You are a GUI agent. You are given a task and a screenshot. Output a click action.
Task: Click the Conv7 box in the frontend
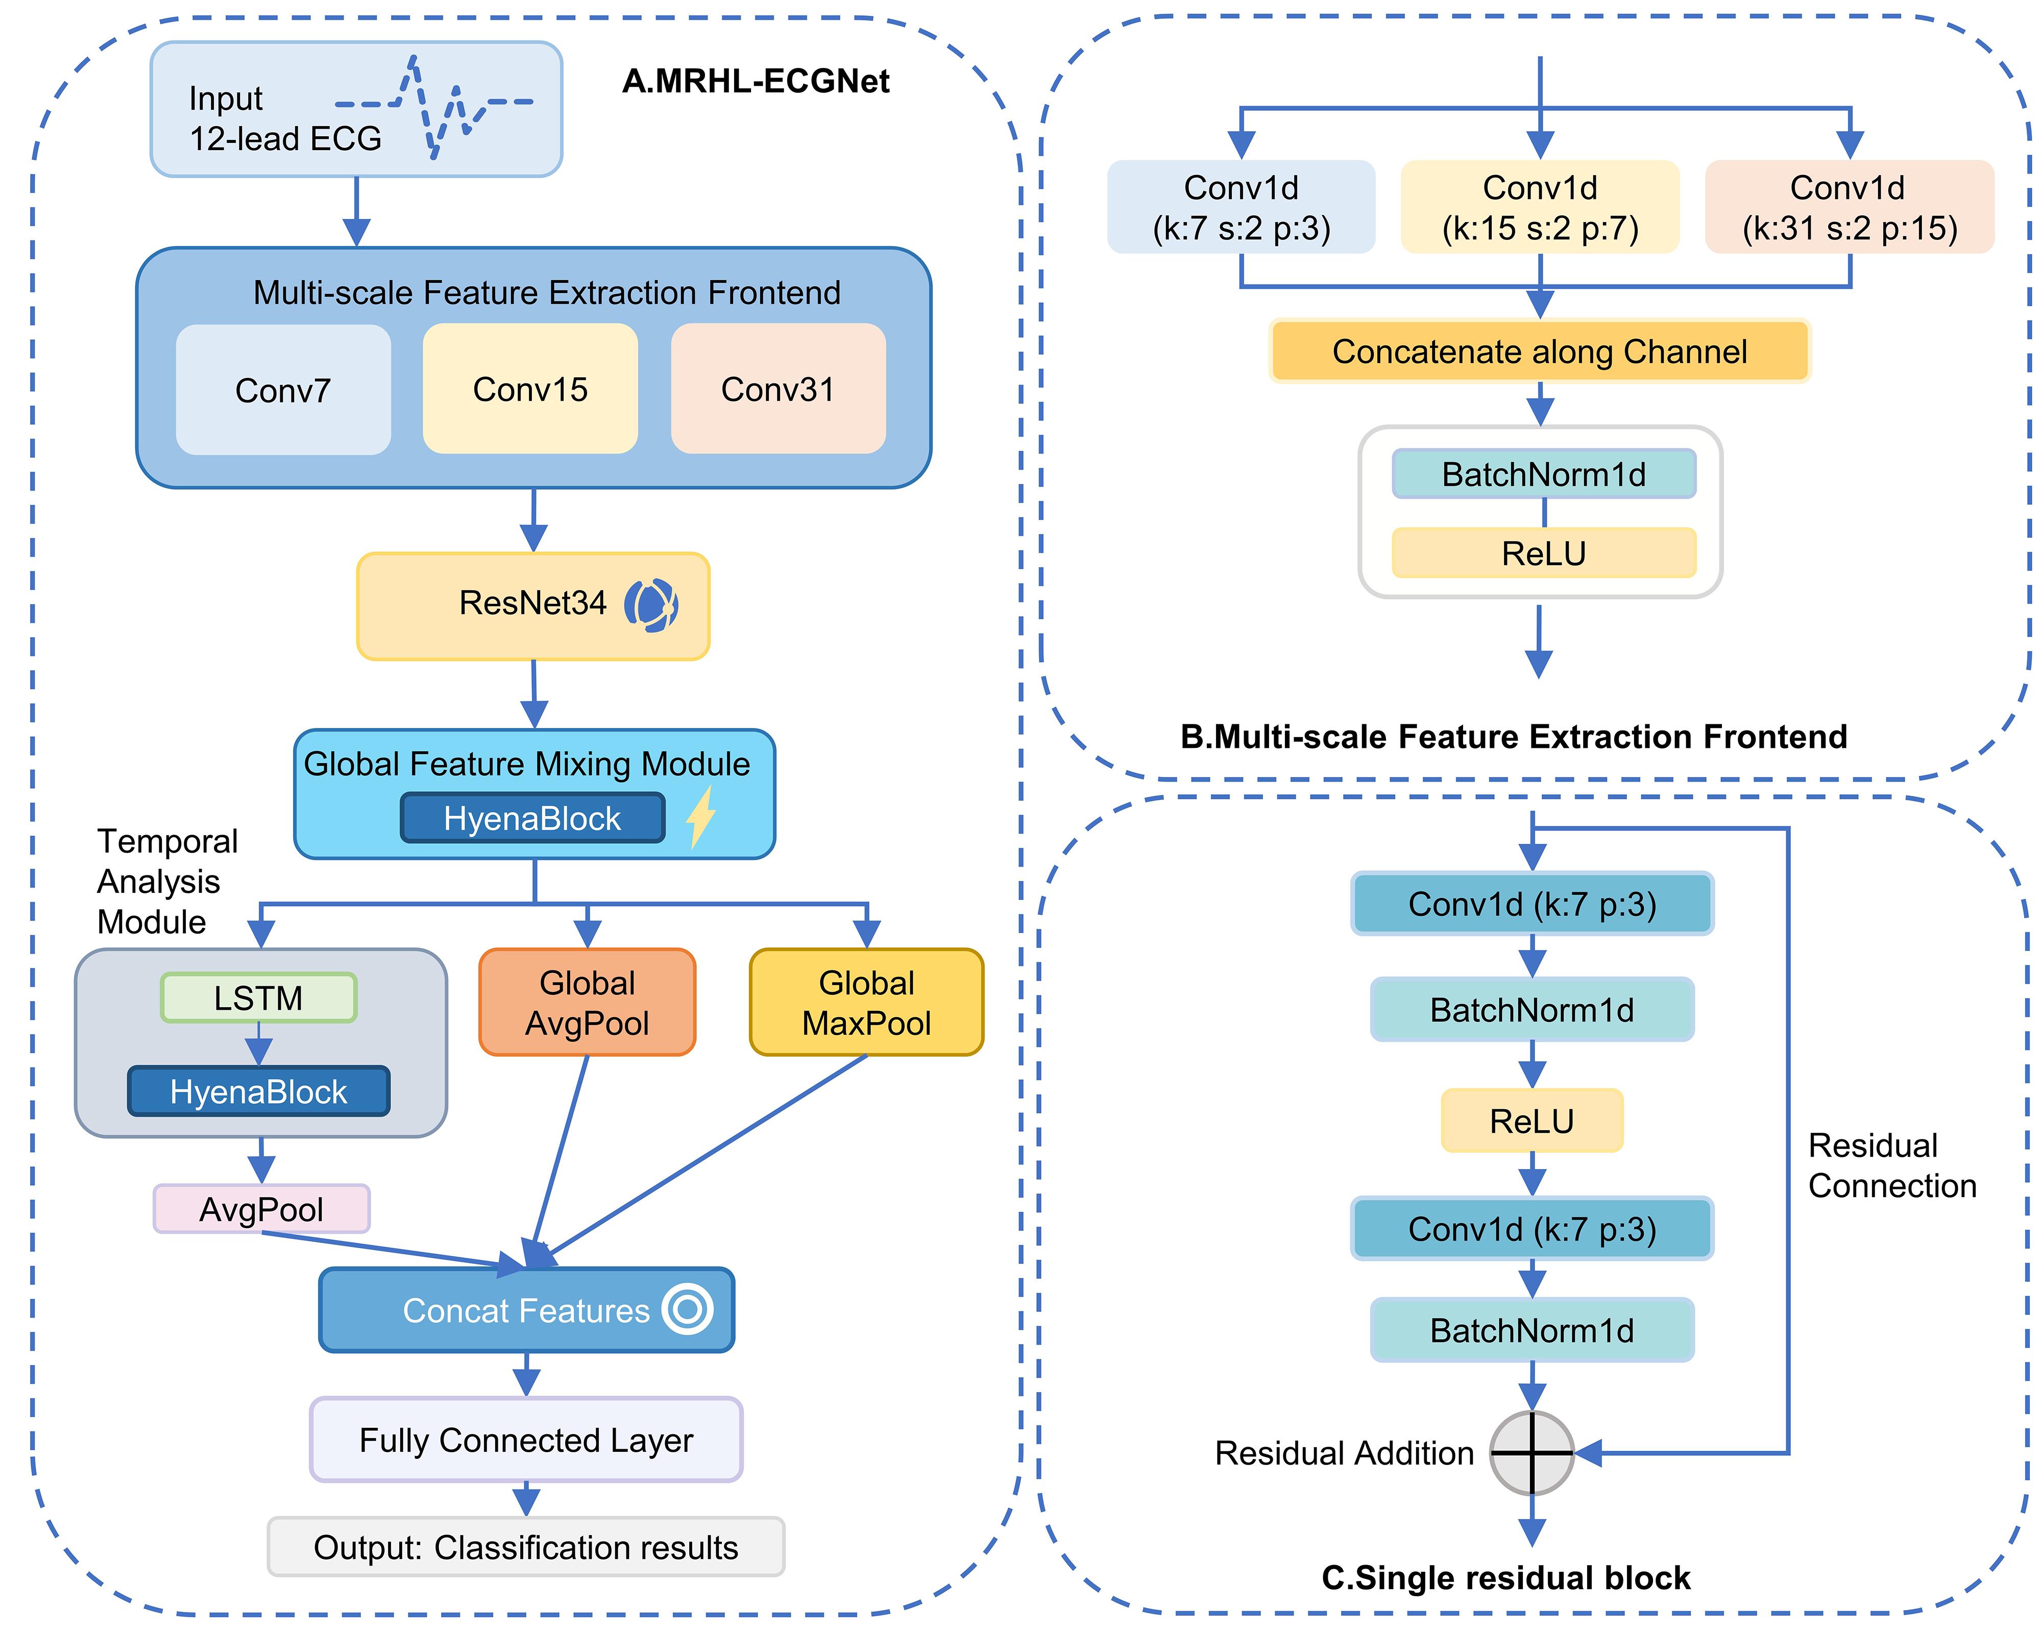click(x=283, y=389)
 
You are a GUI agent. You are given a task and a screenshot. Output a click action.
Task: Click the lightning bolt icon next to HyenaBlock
click(x=701, y=817)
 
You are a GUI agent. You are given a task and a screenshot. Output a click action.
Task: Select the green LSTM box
click(x=258, y=997)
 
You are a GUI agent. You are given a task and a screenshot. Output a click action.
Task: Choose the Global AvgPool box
click(x=587, y=1002)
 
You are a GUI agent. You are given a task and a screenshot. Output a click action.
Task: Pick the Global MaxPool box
click(x=867, y=1002)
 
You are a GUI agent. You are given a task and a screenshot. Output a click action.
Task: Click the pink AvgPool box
click(x=261, y=1209)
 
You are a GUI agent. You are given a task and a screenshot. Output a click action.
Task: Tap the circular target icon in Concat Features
click(x=687, y=1309)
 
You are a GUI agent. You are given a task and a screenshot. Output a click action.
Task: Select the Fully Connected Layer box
click(x=526, y=1440)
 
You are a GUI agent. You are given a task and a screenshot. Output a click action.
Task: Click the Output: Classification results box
click(x=526, y=1547)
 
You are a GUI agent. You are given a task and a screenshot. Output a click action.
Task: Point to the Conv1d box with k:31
click(x=1849, y=207)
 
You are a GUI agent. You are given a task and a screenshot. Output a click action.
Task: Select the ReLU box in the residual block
click(x=1531, y=1120)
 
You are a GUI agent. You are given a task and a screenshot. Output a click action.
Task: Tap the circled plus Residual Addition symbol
click(x=1531, y=1453)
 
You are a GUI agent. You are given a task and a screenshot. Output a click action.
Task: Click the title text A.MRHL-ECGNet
click(x=755, y=82)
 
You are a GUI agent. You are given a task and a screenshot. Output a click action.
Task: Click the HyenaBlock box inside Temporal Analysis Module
click(x=258, y=1091)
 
